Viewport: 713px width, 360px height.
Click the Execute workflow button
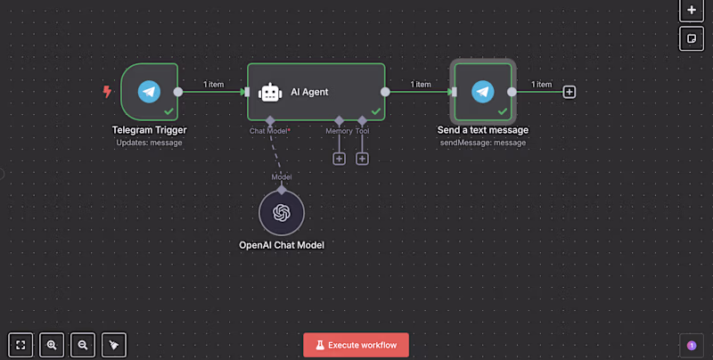(356, 345)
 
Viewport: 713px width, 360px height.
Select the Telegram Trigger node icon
(149, 91)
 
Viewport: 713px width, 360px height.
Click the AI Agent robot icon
(270, 92)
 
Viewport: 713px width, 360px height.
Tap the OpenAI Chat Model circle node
(282, 213)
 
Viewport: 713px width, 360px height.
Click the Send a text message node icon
(482, 91)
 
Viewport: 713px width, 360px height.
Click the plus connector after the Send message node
(570, 91)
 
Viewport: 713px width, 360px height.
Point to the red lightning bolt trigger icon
(108, 91)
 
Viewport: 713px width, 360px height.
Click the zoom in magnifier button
(53, 345)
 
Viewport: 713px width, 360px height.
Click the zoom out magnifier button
(83, 345)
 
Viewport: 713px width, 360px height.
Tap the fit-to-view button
(21, 345)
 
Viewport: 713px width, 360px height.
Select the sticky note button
(691, 38)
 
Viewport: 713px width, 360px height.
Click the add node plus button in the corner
(691, 10)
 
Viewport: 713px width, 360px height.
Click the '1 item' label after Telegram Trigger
(213, 85)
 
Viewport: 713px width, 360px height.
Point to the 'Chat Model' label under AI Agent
(269, 131)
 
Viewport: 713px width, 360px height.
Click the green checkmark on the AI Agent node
(375, 111)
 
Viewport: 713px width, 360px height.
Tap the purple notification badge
(691, 345)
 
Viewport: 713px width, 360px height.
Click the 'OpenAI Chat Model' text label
(282, 244)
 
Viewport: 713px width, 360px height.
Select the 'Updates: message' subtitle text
(149, 143)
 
